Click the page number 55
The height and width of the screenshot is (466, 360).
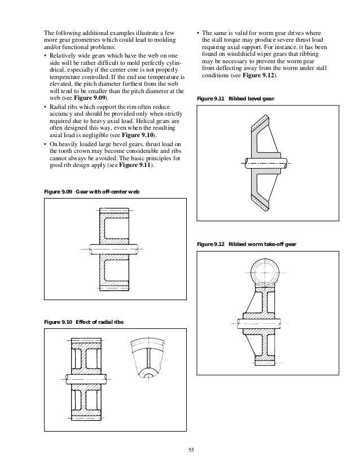[x=190, y=450]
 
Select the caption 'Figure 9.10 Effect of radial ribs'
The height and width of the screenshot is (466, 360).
[x=84, y=322]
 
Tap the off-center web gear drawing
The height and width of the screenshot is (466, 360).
[x=115, y=248]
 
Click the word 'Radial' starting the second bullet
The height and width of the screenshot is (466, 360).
[x=59, y=105]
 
